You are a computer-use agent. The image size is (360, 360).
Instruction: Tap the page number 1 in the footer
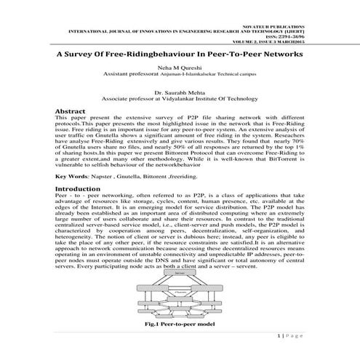pyautogui.click(x=279, y=338)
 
